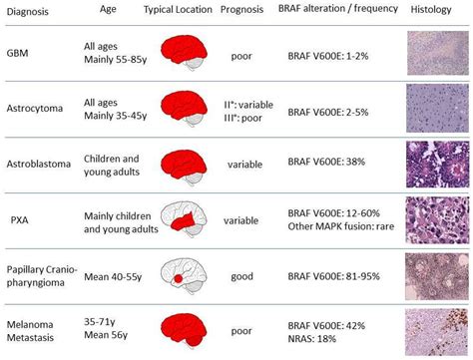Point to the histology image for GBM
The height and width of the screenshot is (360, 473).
coord(438,56)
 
